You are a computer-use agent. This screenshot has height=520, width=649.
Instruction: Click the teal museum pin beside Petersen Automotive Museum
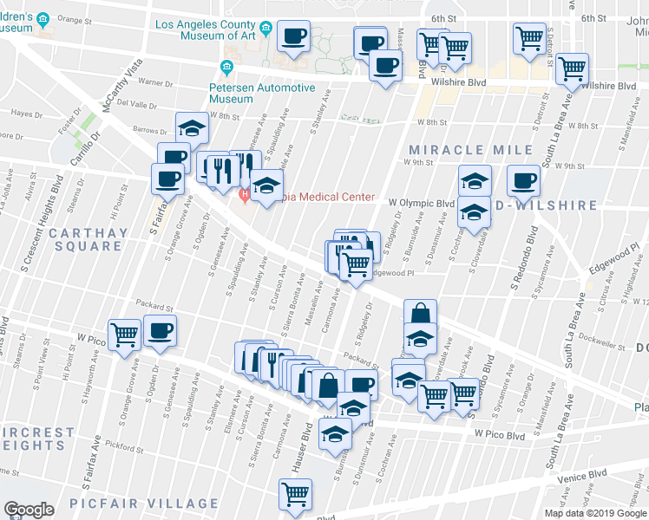coord(226,67)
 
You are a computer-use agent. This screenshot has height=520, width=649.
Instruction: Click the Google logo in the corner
coord(29,510)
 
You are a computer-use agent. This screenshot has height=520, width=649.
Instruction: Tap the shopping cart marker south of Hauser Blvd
coord(295,494)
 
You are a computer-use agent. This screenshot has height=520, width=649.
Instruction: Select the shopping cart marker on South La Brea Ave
coord(572,68)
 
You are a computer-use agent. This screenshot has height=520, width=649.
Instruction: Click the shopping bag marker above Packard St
coord(420,314)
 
